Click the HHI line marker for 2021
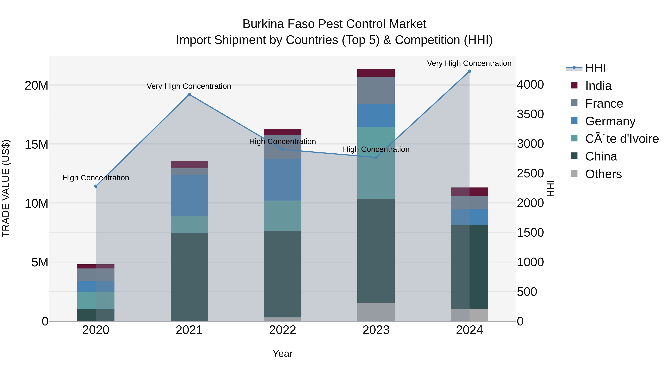pos(189,94)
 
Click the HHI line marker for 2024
pos(469,71)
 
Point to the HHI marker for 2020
pos(96,186)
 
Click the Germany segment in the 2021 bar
pos(189,195)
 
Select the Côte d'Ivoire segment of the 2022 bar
pos(282,216)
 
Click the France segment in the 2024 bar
pos(469,203)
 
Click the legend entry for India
pos(598,86)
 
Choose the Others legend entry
pos(603,174)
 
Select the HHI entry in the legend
pos(595,68)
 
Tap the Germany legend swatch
pos(574,121)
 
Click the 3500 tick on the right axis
pos(530,114)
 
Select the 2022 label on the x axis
pos(282,330)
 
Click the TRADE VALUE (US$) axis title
pos(6,188)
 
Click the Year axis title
pos(282,354)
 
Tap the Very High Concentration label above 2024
pos(469,63)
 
